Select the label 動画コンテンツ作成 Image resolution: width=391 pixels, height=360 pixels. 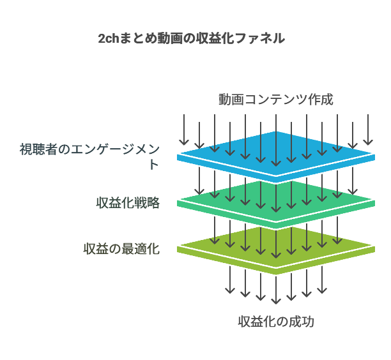[275, 100]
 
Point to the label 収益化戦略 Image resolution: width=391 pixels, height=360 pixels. [128, 203]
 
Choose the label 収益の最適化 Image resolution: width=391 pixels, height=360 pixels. [121, 249]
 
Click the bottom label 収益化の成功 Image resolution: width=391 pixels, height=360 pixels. [275, 322]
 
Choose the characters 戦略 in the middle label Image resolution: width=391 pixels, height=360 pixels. [147, 203]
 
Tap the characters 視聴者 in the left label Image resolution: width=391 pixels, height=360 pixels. [38, 150]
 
